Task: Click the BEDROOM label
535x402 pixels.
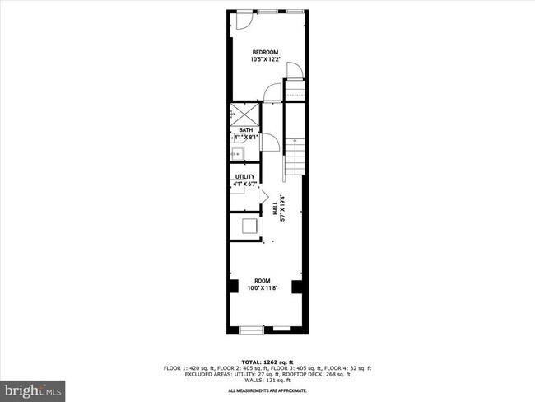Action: [x=265, y=52]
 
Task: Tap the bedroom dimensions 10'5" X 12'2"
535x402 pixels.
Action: [x=265, y=59]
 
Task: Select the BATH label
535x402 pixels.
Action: [x=246, y=129]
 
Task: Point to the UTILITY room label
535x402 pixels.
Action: [x=245, y=176]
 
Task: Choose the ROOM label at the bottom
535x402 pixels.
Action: [x=263, y=281]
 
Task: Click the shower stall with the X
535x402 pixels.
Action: [x=244, y=114]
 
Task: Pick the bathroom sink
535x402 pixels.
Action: [x=237, y=153]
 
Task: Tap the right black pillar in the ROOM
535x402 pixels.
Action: [x=297, y=288]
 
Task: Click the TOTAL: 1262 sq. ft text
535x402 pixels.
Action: [x=267, y=362]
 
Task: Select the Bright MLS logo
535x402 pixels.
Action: [x=34, y=388]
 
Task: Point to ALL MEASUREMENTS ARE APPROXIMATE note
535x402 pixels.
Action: [x=267, y=390]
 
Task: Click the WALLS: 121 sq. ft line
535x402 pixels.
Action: [x=267, y=380]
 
